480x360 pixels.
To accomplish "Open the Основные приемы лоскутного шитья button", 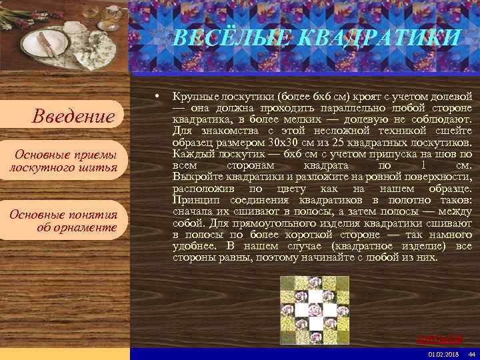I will [x=63, y=160].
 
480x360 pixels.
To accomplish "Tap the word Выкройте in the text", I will [x=193, y=177].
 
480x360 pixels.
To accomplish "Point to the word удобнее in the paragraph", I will [x=192, y=246].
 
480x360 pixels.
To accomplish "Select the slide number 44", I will [x=471, y=353].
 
